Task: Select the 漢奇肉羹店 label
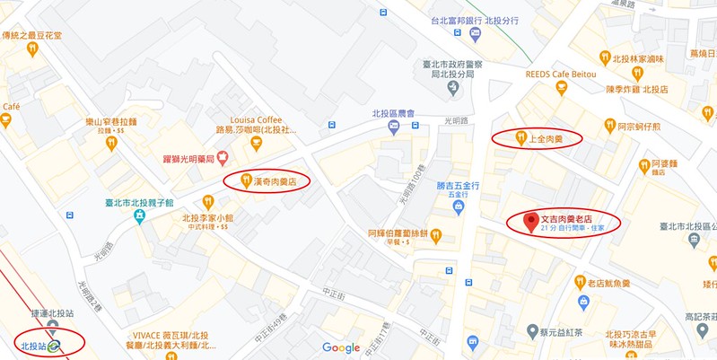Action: tap(275, 180)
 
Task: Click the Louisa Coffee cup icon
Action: tap(222, 158)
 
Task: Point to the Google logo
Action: tap(341, 347)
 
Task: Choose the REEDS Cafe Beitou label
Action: tap(561, 75)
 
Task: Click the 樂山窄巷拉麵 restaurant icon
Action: tap(111, 141)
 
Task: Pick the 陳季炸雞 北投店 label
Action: tap(637, 89)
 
